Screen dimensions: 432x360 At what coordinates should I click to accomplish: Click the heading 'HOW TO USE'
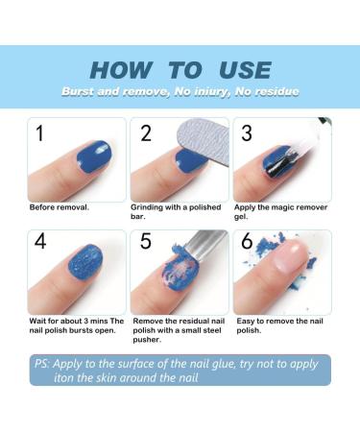coord(180,69)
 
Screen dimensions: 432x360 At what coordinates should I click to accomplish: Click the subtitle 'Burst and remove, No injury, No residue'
coord(180,91)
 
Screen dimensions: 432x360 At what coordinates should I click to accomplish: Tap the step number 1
coord(39,132)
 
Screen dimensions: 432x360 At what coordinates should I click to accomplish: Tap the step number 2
coord(146,133)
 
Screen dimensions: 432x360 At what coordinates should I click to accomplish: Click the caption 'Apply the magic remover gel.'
coord(282,211)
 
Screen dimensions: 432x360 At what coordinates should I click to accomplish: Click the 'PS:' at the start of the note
coord(43,365)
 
